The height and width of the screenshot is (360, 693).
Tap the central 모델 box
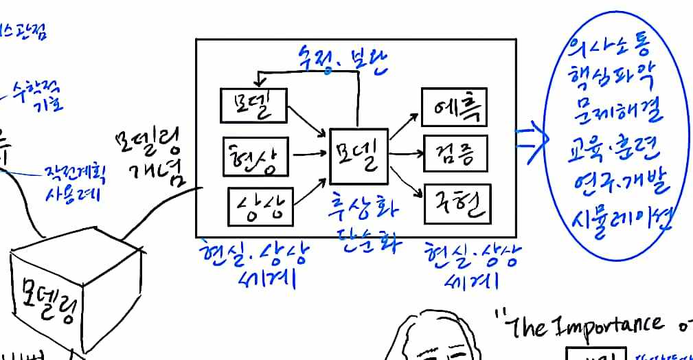[x=359, y=157]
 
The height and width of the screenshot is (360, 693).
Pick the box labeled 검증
[x=455, y=154]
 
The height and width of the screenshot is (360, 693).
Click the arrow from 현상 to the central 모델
[x=309, y=156]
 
